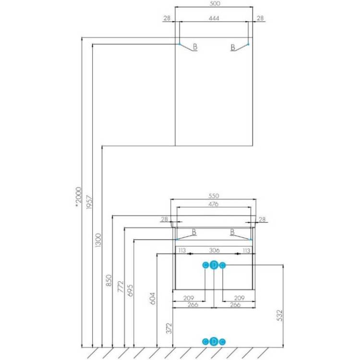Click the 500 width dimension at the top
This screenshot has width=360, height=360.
[215, 3]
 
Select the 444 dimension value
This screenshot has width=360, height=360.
[214, 18]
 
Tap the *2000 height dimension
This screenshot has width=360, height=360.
[78, 197]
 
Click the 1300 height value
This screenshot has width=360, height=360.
[98, 240]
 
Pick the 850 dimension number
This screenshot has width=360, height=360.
[108, 280]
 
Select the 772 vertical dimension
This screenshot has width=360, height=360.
[120, 287]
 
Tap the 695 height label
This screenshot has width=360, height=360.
[130, 291]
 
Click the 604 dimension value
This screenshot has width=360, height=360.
[153, 299]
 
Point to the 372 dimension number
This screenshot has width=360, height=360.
[169, 328]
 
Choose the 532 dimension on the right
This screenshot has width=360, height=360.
[279, 315]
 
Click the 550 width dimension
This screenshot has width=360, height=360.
[214, 196]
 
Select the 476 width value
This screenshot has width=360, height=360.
[213, 204]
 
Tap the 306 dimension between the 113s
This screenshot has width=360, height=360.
[214, 250]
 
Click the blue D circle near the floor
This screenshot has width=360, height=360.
[214, 342]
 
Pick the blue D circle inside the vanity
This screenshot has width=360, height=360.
[214, 265]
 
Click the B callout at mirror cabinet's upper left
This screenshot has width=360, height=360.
[195, 47]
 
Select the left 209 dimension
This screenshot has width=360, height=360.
[189, 298]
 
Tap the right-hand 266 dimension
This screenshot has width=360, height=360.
[235, 305]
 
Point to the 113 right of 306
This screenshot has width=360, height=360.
[246, 250]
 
